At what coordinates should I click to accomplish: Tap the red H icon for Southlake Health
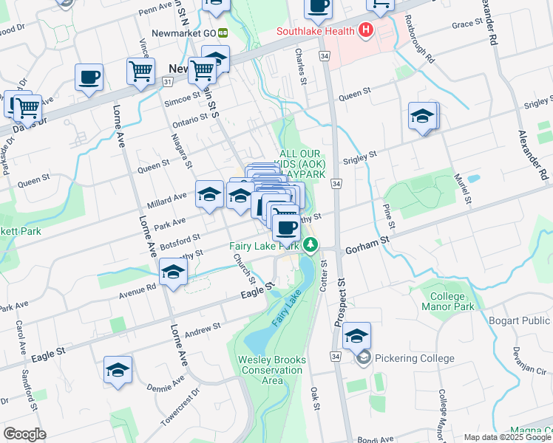click(x=364, y=31)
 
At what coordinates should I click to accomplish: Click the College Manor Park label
click(x=447, y=301)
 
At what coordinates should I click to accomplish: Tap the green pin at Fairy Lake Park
click(x=311, y=244)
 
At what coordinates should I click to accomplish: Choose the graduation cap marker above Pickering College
click(x=356, y=336)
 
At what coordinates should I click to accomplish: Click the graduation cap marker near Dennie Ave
click(x=118, y=370)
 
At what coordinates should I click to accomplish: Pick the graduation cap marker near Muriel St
click(x=422, y=116)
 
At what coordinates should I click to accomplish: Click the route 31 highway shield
click(x=168, y=81)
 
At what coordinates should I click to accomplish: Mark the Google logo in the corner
click(x=24, y=434)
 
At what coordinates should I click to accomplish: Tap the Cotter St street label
click(x=323, y=274)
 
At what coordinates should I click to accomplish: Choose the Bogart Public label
click(x=520, y=320)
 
